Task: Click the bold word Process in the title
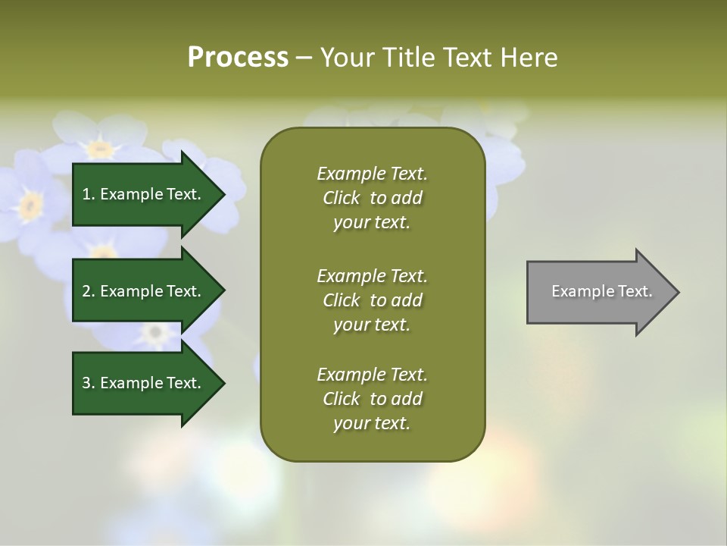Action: [238, 58]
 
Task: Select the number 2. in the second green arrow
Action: [88, 291]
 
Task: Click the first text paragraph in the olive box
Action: [372, 198]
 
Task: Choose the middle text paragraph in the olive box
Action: [372, 300]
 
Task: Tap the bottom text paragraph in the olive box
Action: [372, 399]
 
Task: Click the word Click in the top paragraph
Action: [342, 199]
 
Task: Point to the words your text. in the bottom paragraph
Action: [372, 424]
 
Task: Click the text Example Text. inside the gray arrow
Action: [602, 291]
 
